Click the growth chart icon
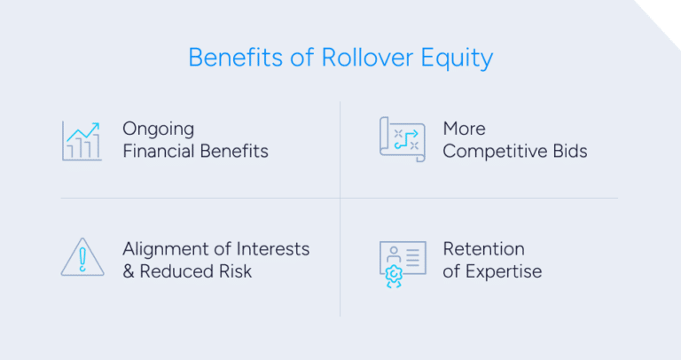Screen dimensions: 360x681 click(x=82, y=140)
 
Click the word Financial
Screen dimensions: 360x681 click(x=157, y=151)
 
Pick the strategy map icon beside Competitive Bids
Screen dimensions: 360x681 click(x=402, y=139)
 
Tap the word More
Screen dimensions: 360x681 click(x=464, y=129)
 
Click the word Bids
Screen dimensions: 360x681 click(x=569, y=151)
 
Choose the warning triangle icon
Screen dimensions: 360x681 click(x=82, y=257)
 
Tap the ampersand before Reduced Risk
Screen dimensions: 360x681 click(x=129, y=270)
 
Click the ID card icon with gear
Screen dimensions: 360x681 click(x=402, y=259)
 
